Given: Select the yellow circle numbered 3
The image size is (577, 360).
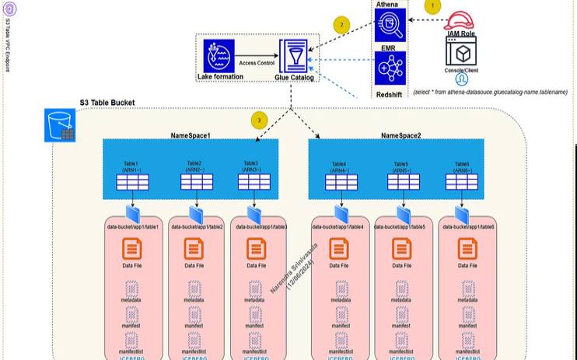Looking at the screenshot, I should coord(261,120).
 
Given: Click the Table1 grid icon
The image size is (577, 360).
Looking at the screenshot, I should coord(132,182).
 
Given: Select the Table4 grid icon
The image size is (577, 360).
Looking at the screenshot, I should coord(341,182).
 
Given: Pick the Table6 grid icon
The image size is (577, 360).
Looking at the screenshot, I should coord(461,182).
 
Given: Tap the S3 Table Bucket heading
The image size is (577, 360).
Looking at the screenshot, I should coord(107,103).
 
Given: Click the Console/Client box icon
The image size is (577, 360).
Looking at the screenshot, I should coord(461,52).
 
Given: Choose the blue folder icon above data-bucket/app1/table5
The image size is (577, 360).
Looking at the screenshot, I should coord(402,213).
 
